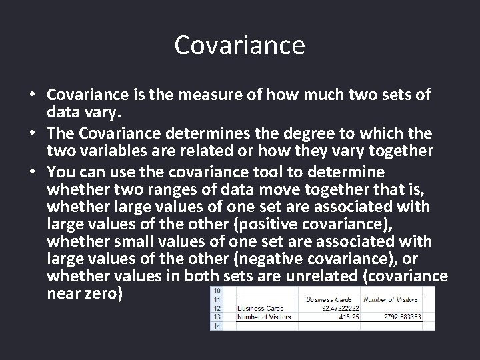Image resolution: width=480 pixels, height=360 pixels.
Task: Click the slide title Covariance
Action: coord(239,45)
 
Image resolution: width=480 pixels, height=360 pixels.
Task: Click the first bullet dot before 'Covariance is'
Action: coord(31,95)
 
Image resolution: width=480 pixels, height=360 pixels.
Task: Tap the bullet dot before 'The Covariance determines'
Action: coord(31,134)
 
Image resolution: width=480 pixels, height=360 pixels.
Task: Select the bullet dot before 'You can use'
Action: coord(31,172)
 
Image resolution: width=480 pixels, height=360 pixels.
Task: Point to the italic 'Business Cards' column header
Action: coord(329,300)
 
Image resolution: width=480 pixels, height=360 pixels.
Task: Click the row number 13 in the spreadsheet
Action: coord(217,317)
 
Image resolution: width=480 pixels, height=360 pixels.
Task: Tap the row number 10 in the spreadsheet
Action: coord(217,291)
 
